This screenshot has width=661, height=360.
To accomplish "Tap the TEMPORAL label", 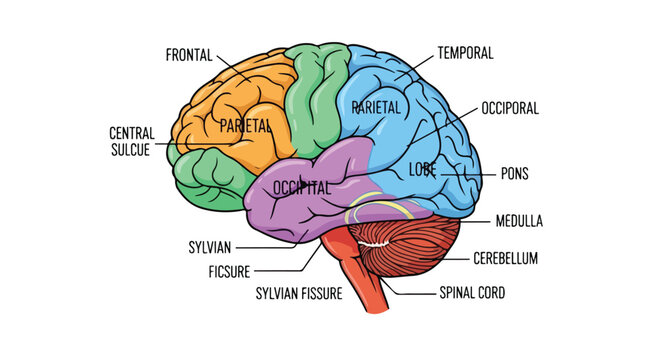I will (x=465, y=52).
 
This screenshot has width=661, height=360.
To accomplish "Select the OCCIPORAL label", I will (x=510, y=105).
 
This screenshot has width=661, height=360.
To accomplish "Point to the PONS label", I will (x=514, y=173).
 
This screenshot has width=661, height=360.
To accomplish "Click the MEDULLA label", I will (x=518, y=220).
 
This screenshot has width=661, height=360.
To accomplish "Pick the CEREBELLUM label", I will (x=505, y=258).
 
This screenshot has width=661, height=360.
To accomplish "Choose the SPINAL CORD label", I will (x=472, y=294).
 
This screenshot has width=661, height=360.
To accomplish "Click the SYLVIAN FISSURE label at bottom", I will (x=299, y=294).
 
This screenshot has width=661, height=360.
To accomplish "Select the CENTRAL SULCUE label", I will (x=130, y=140).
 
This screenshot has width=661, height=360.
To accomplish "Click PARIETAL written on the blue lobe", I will (x=376, y=106).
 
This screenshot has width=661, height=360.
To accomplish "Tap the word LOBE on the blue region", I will (x=423, y=171).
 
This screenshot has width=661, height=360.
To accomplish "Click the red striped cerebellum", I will (x=410, y=250).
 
